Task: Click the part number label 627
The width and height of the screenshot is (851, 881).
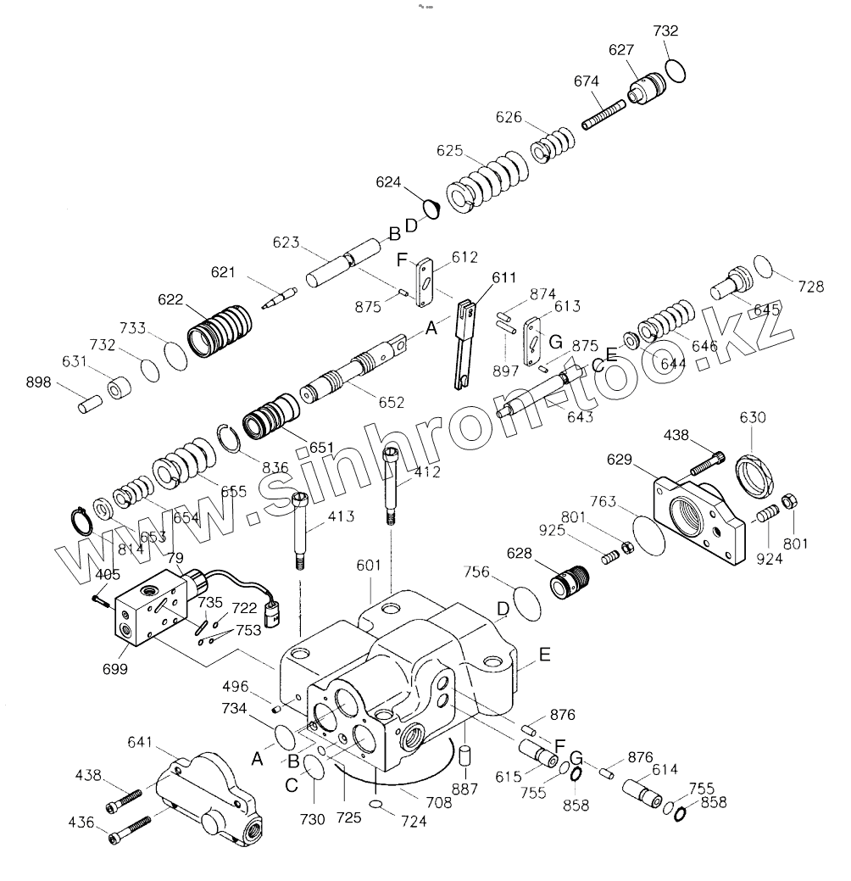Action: [621, 51]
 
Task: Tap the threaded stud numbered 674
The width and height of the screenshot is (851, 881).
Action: [603, 114]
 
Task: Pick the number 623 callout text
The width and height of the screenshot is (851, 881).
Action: [286, 243]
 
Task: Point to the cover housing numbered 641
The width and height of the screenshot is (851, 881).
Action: [208, 797]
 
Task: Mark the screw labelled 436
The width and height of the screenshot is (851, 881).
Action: [130, 829]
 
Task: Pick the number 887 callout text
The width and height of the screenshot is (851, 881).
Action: [465, 789]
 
